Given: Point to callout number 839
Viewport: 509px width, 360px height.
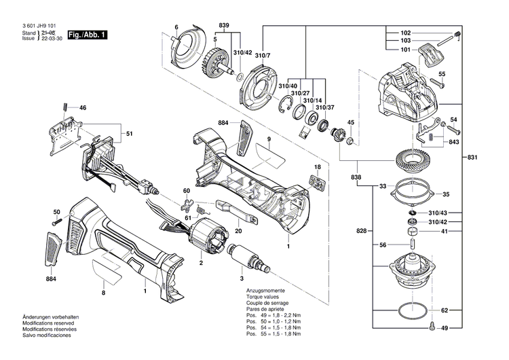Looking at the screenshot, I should (x=223, y=26).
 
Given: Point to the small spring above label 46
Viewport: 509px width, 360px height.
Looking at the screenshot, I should (x=64, y=106).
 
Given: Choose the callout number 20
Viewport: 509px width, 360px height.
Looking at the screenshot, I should (x=238, y=230).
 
